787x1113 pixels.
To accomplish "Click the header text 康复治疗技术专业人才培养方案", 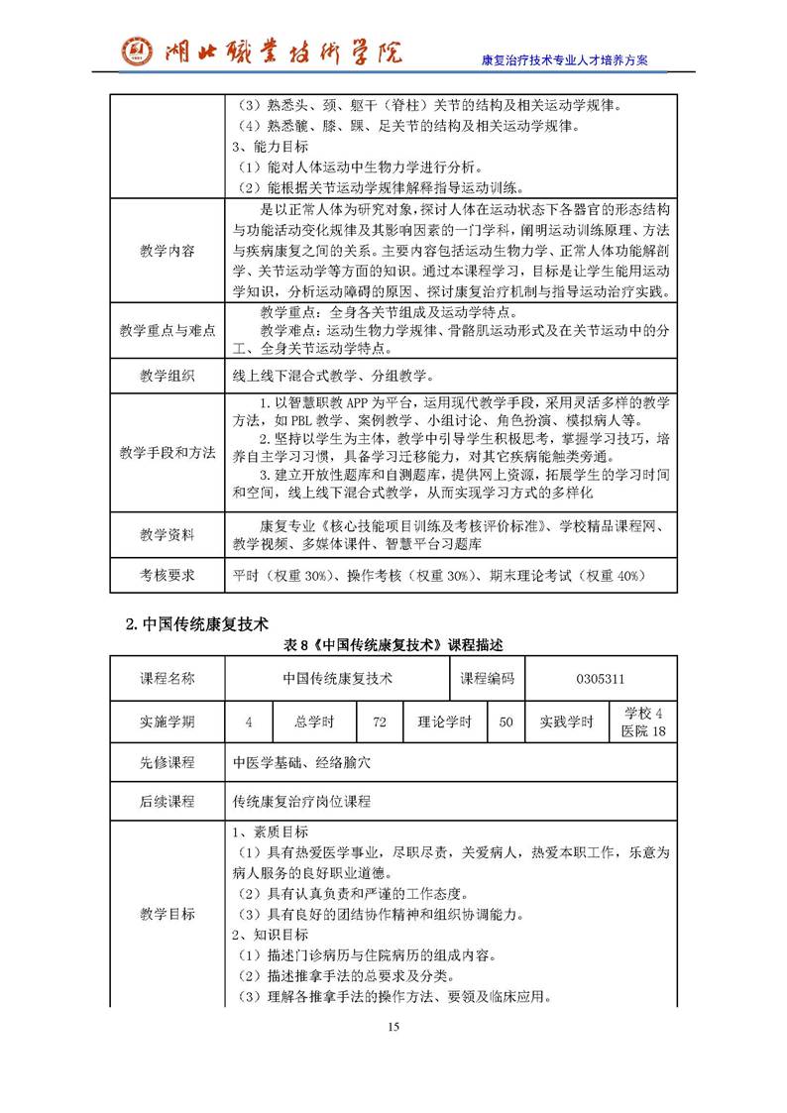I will point(564,59).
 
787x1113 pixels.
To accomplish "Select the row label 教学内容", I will point(167,251).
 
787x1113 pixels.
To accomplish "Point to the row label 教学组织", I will point(167,376).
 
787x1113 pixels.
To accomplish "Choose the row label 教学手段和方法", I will point(167,452).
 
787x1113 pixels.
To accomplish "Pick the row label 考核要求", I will point(167,575).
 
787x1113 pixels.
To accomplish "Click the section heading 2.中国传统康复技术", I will point(197,624).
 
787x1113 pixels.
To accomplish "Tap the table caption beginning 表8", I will point(393,645).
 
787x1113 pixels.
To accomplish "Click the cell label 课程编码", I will point(487,678).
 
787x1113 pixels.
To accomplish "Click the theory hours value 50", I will point(506,723).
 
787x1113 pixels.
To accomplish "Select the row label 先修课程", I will point(167,763).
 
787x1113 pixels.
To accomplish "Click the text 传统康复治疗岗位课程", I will point(301,801).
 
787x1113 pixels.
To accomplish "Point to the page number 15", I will point(393,1027).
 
